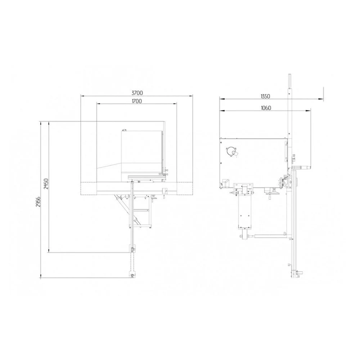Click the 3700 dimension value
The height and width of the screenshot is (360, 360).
[137, 93]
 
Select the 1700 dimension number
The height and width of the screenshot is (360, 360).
[137, 101]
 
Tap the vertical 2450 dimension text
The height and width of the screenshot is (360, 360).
[46, 184]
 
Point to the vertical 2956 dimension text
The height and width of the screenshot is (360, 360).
[38, 202]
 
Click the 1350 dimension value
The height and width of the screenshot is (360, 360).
[265, 96]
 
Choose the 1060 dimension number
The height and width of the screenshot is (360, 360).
[266, 108]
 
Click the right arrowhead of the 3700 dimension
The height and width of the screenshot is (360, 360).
[191, 96]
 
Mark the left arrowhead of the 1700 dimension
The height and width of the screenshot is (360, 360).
[99, 104]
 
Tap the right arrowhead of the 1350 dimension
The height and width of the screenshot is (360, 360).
[321, 99]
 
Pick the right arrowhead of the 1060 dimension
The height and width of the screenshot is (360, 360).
[309, 111]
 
